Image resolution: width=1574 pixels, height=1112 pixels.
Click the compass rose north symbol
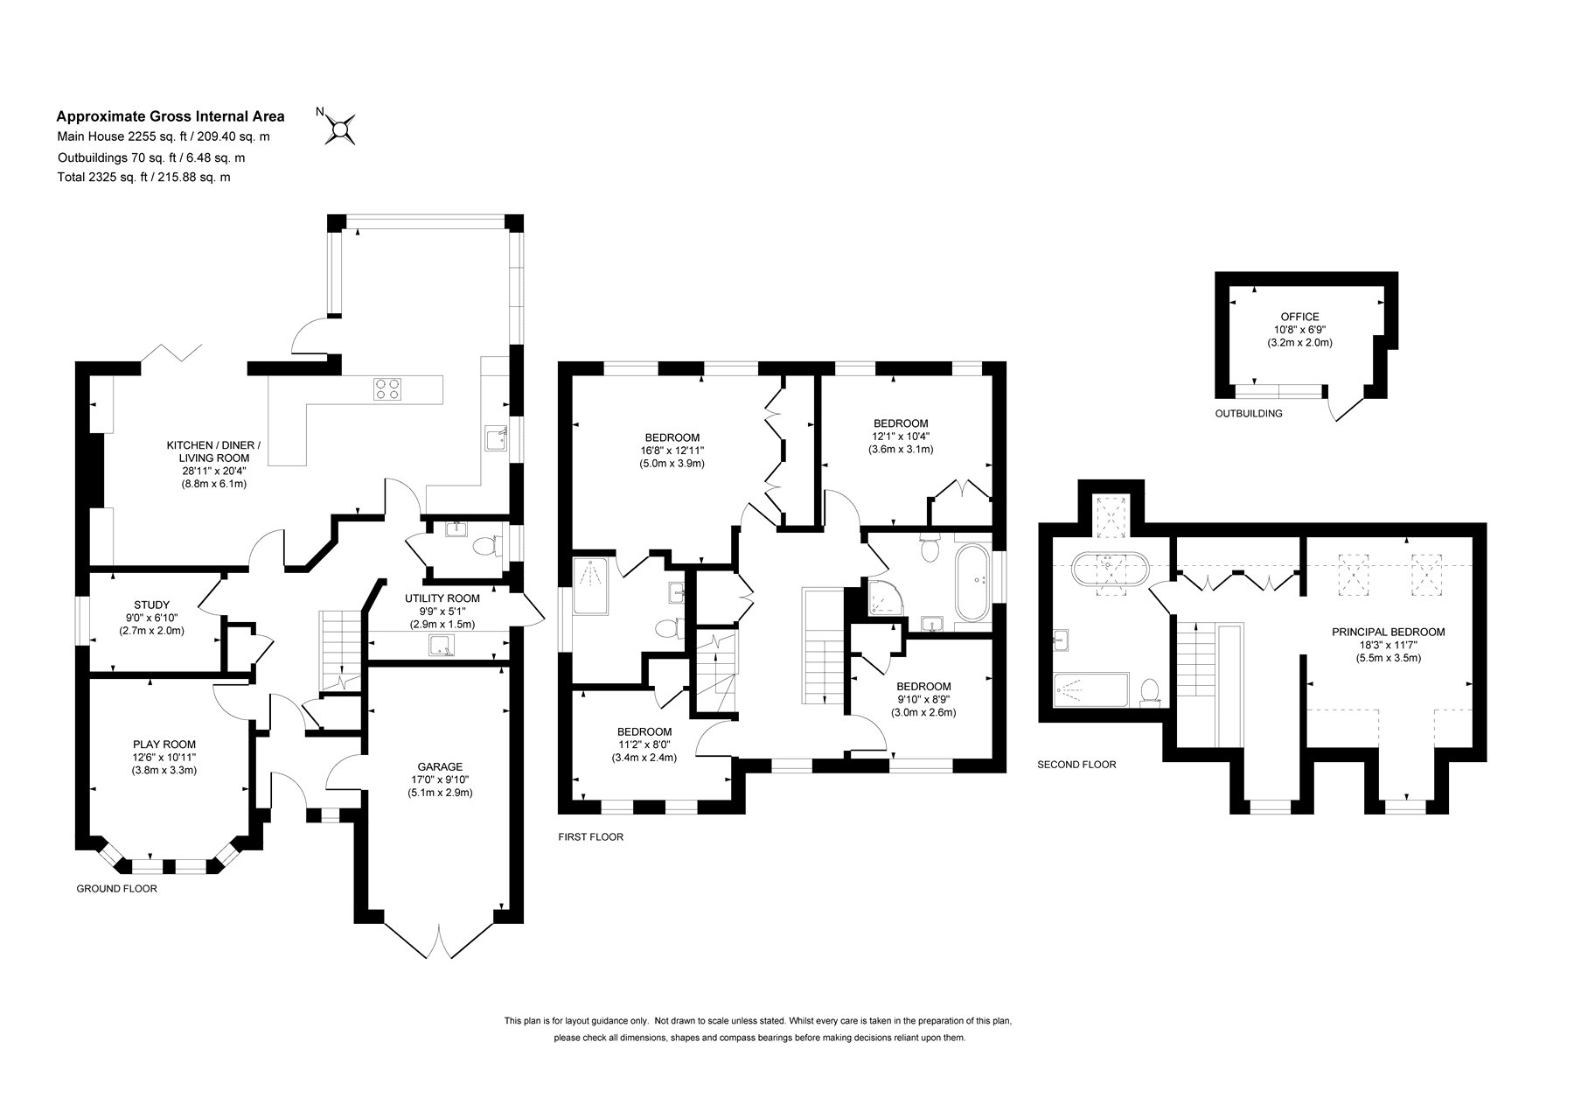[x=340, y=129]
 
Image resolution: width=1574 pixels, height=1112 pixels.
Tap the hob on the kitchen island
[x=388, y=388]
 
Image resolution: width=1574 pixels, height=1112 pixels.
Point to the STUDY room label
[x=151, y=605]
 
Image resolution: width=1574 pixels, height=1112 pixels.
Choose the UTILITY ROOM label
[x=442, y=598]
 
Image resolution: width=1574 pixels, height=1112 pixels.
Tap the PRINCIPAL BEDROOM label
[x=1388, y=632]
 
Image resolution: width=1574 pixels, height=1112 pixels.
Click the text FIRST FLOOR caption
[x=591, y=837]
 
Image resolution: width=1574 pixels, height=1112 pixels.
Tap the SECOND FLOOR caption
[x=1076, y=765]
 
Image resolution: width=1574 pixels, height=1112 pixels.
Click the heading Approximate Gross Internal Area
[x=171, y=115]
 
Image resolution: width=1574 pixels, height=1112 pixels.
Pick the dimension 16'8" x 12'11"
[x=672, y=451]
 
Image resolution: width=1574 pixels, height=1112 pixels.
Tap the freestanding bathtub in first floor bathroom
[x=972, y=583]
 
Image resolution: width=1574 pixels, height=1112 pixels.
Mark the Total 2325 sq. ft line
[x=143, y=177]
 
